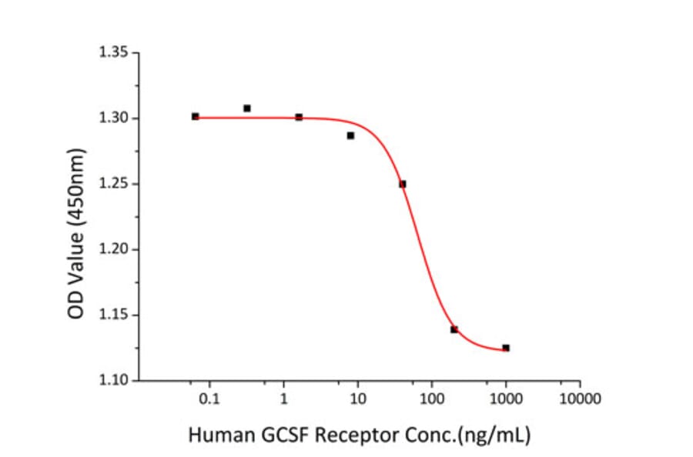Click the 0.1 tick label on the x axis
pyautogui.click(x=209, y=399)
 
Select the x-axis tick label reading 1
pyautogui.click(x=283, y=399)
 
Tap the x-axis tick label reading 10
pyautogui.click(x=357, y=399)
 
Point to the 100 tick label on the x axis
pyautogui.click(x=432, y=399)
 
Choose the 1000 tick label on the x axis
pyautogui.click(x=506, y=399)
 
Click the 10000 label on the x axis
pyautogui.click(x=580, y=399)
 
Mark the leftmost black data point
pyautogui.click(x=196, y=116)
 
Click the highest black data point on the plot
pyautogui.click(x=247, y=108)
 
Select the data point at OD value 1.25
pyautogui.click(x=403, y=184)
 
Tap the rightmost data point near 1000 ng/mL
pyautogui.click(x=506, y=348)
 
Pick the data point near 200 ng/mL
pyautogui.click(x=454, y=329)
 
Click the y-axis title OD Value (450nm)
pyautogui.click(x=77, y=232)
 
